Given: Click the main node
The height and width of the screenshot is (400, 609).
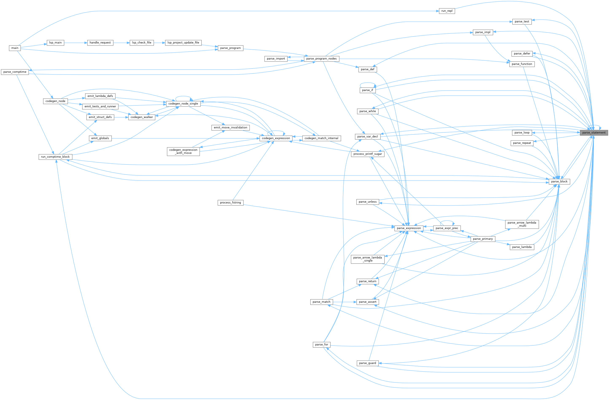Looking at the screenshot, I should pos(15,48).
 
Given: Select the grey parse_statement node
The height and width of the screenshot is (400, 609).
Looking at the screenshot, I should pos(594,133).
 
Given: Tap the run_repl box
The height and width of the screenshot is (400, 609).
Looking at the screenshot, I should pos(447,11).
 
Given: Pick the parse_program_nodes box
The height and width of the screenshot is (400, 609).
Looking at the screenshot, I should pos(321,59).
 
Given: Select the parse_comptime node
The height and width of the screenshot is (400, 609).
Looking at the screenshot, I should pos(15,72).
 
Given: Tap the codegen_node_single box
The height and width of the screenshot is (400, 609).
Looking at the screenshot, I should pos(183,104).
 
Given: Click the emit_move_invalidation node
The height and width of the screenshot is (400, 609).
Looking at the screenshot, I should pos(230,127).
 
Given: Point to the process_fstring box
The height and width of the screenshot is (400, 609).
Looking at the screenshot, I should pos(230,203).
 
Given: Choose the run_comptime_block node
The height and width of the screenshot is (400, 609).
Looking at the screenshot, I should pos(55,157).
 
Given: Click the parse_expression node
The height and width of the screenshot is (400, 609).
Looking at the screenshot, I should pos(409,228).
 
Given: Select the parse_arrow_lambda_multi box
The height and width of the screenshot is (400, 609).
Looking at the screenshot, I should pos(522,224).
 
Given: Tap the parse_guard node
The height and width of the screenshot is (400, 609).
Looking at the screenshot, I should pos(367,363).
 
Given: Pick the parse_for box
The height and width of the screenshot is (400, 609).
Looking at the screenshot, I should pos(321,345).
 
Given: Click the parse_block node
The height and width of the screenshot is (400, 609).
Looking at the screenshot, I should pos(559,182).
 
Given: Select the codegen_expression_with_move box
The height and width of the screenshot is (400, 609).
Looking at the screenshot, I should pos(183,151).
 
